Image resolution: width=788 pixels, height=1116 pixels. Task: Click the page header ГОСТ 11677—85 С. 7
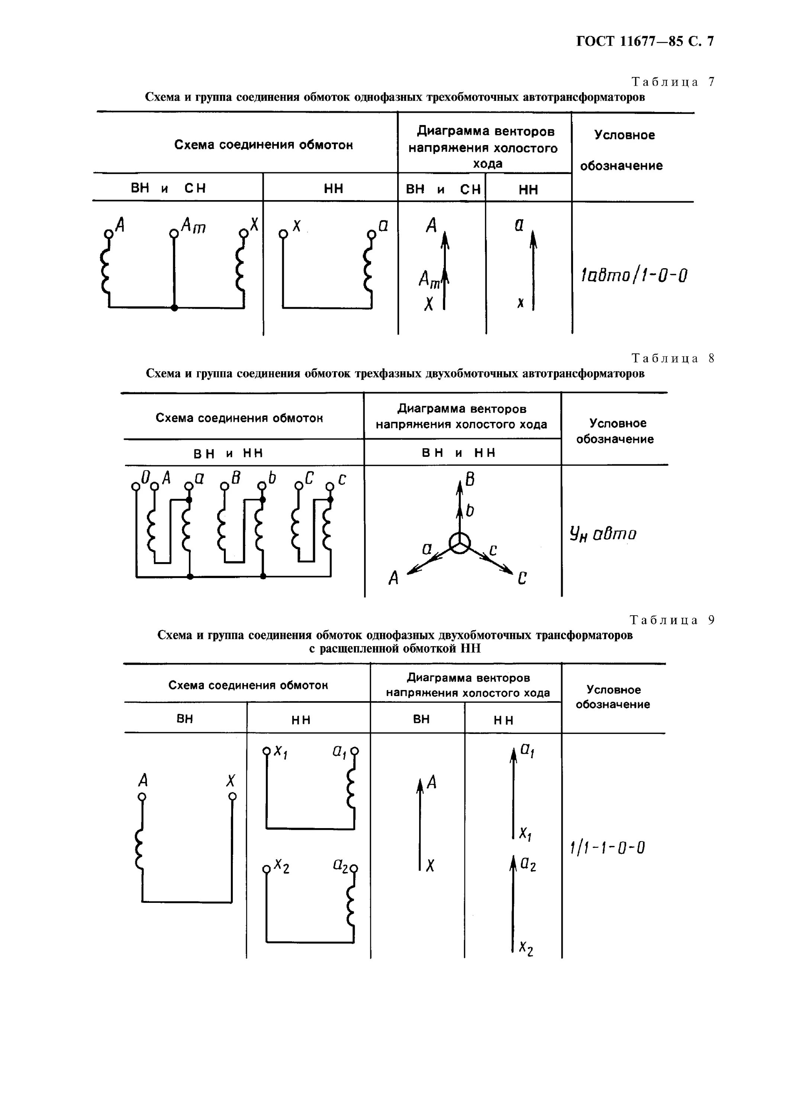tap(645, 41)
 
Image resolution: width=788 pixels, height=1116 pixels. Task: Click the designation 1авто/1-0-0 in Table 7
tap(634, 276)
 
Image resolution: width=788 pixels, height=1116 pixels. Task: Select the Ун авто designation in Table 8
tap(602, 534)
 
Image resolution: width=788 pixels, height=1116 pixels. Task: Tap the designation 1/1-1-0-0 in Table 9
tap(607, 848)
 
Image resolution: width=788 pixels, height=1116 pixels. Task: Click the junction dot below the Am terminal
tap(174, 308)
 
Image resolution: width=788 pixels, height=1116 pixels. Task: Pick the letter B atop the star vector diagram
tap(470, 480)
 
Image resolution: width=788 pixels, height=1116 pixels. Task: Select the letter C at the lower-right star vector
tap(522, 579)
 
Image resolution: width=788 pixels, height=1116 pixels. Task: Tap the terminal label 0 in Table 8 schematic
tap(145, 478)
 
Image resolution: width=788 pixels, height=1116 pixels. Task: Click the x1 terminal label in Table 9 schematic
tap(281, 752)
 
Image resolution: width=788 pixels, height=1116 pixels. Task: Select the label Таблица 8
tap(673, 358)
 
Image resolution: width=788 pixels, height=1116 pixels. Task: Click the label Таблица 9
tap(673, 620)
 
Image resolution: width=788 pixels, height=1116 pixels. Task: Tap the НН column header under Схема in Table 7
tap(333, 189)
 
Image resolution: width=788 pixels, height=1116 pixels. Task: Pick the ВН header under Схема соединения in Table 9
tap(184, 719)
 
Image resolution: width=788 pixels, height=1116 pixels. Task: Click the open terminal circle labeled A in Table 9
tap(142, 797)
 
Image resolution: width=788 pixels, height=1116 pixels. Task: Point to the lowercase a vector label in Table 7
tap(519, 225)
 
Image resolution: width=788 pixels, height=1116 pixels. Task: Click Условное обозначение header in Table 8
tap(615, 431)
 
